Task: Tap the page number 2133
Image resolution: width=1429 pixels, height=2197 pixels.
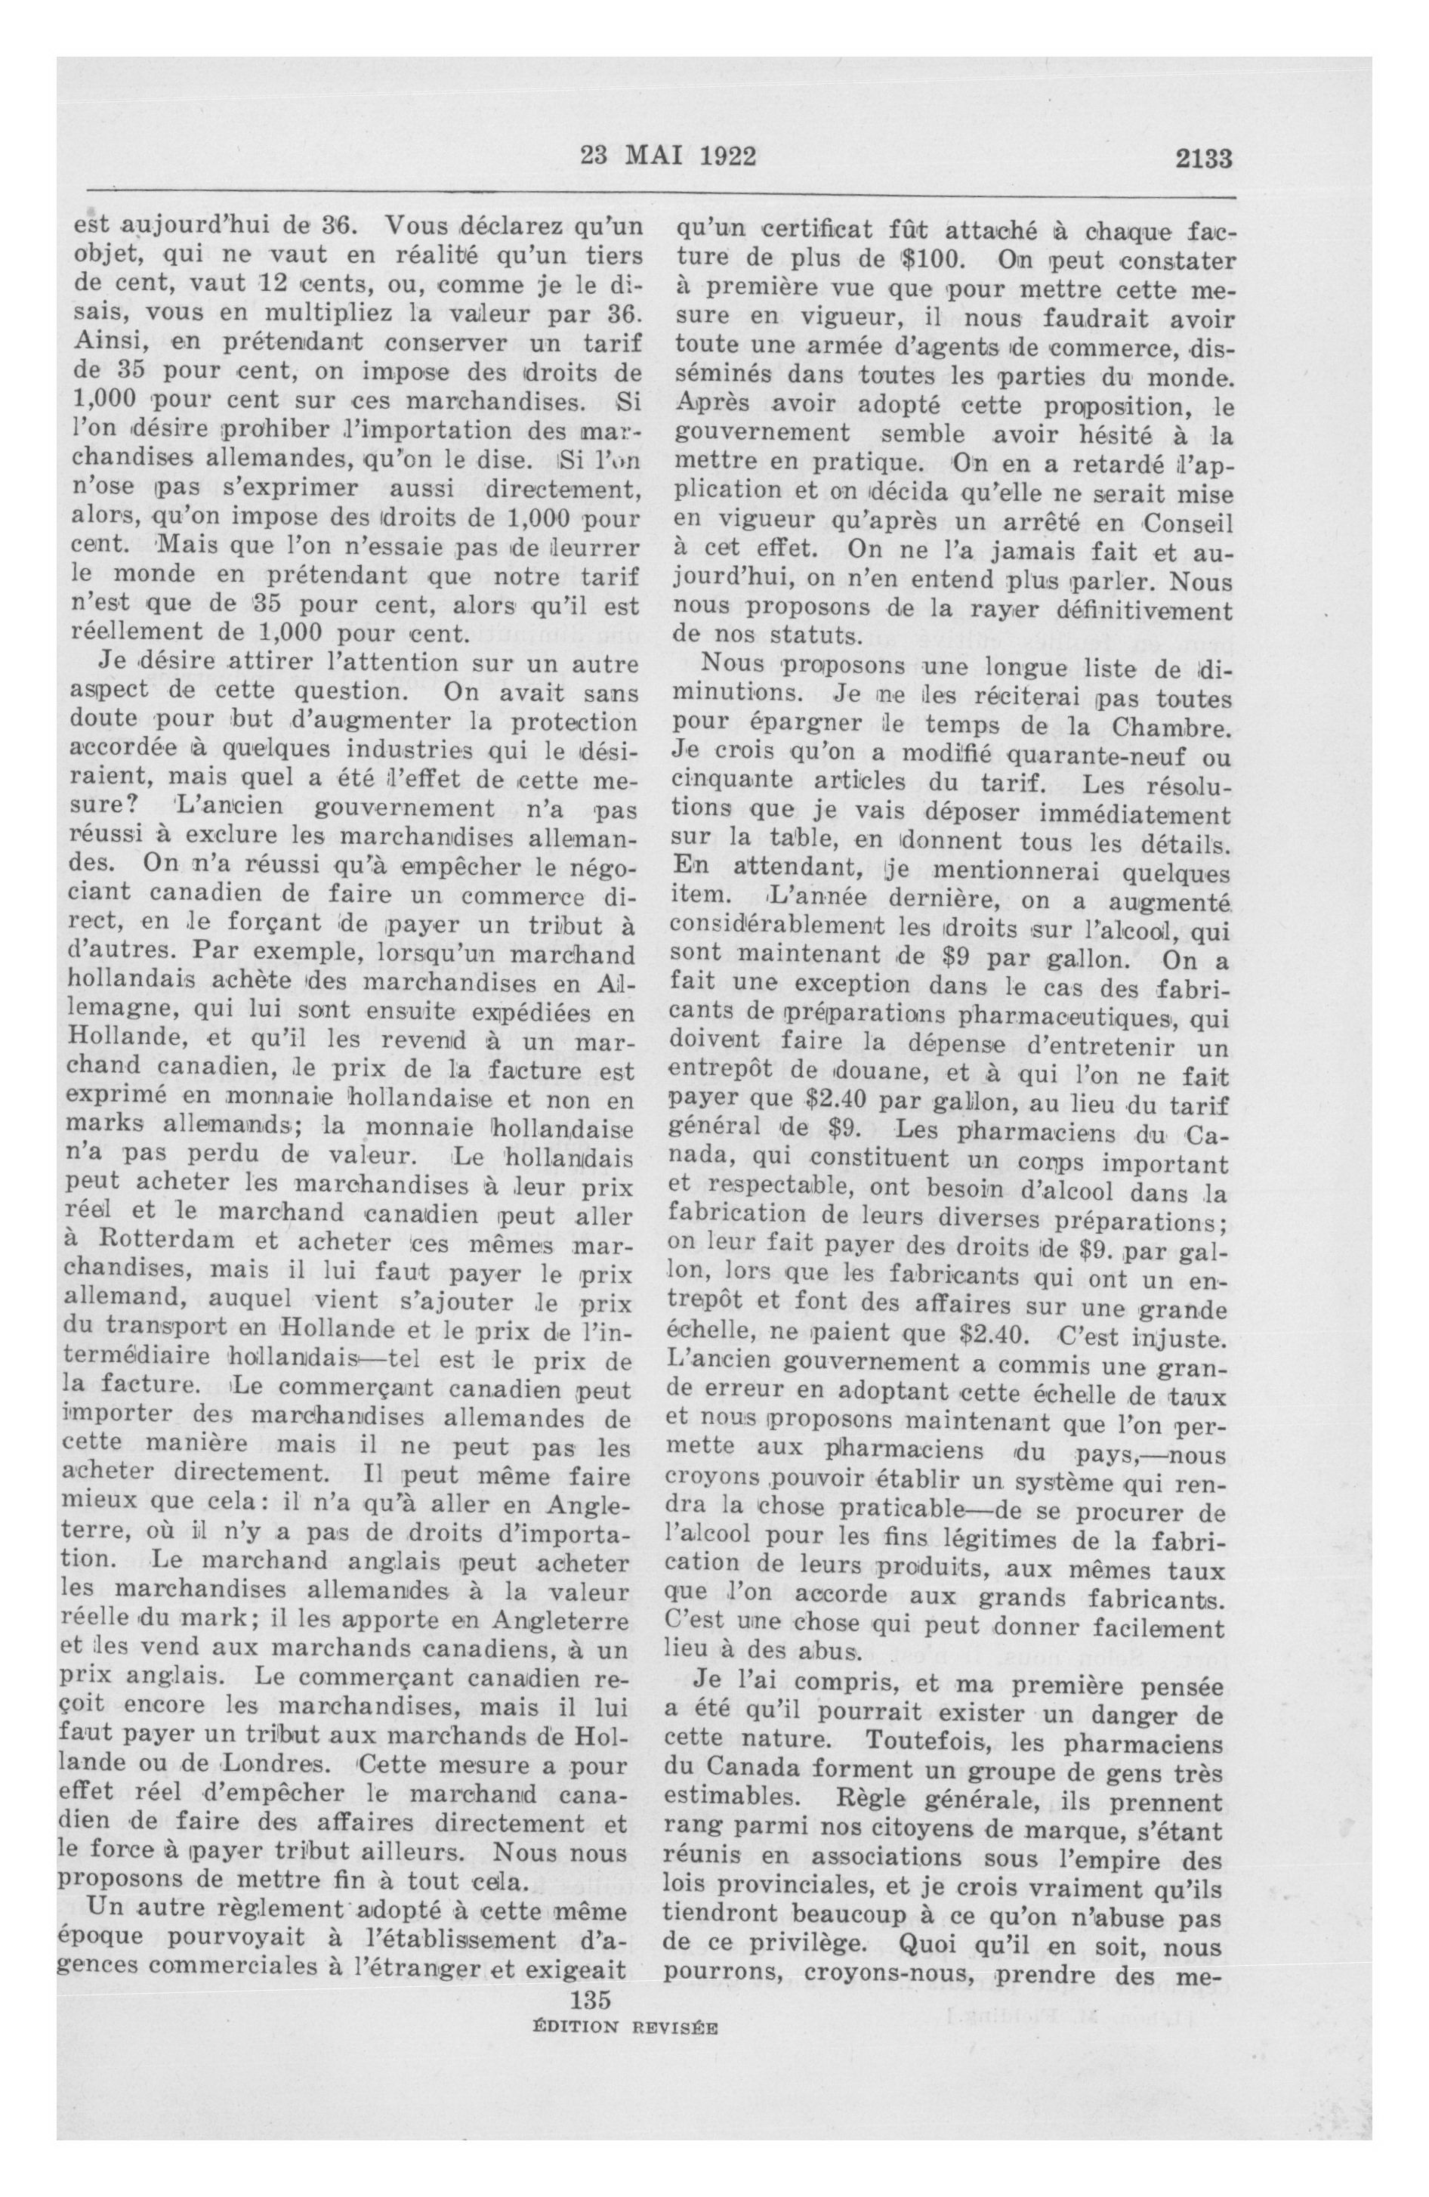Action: [1204, 159]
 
